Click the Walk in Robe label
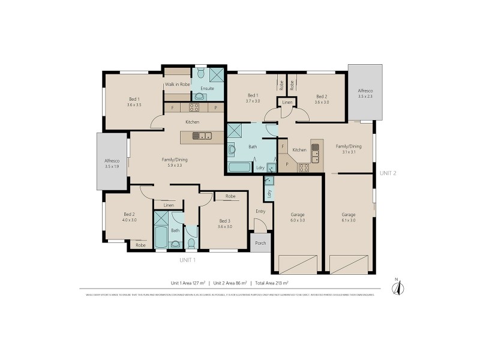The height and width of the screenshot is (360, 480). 178,85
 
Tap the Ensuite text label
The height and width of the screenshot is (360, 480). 207,88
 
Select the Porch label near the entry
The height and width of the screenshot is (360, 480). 260,243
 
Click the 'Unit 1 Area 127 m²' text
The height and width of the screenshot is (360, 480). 188,282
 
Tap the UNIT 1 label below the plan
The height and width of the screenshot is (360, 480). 188,260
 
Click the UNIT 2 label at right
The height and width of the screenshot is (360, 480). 388,173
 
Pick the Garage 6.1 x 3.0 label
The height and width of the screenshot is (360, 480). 349,217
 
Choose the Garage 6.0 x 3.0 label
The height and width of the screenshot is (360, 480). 298,217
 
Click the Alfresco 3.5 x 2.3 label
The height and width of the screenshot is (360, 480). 365,93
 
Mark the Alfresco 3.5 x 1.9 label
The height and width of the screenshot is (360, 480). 112,163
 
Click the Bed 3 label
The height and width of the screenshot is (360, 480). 224,223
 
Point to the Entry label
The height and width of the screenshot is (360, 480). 260,211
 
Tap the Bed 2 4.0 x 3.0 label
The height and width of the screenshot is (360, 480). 130,217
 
